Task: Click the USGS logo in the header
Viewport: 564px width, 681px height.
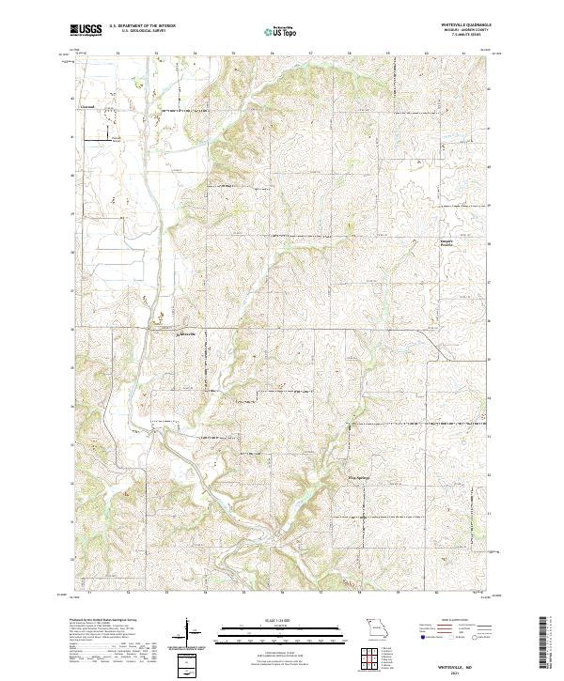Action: pyautogui.click(x=86, y=31)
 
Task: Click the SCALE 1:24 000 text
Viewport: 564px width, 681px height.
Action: pyautogui.click(x=281, y=621)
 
